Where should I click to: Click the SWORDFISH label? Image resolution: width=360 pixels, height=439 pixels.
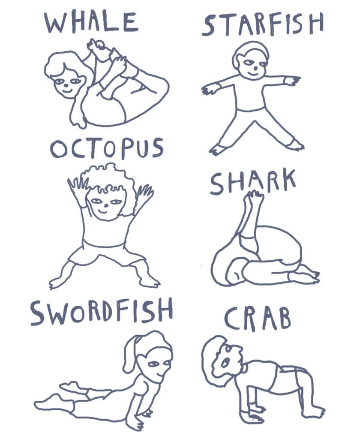(102, 313)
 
